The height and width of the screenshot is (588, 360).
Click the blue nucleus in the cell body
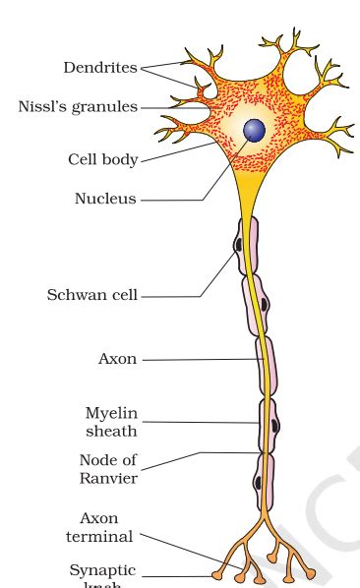[x=255, y=130]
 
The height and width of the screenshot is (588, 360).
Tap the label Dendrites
[x=101, y=68]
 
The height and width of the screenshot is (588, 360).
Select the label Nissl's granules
[x=78, y=106]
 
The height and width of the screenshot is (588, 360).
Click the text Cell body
[x=102, y=159]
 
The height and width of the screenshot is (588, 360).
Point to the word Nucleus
[x=105, y=199]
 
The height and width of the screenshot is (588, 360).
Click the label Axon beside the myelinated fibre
[x=117, y=359]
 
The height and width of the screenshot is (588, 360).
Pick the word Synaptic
[x=102, y=570]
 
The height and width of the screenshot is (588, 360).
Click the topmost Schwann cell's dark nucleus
[x=237, y=240]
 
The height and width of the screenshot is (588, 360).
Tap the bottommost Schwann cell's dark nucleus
[x=258, y=483]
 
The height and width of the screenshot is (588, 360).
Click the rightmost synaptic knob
[x=310, y=572]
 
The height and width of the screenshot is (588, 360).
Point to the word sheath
[x=110, y=430]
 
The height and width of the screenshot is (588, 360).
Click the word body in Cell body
[x=119, y=159]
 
